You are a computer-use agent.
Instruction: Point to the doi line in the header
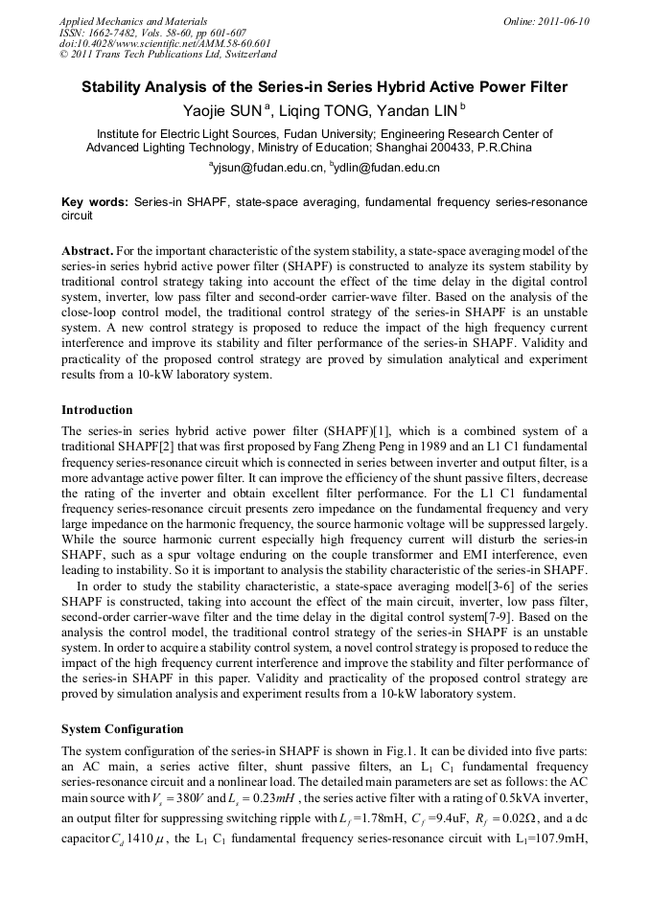click(x=165, y=43)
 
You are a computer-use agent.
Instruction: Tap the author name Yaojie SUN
click(x=220, y=111)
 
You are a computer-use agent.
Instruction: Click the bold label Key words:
click(x=94, y=203)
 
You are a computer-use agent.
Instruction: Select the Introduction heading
click(x=97, y=410)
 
